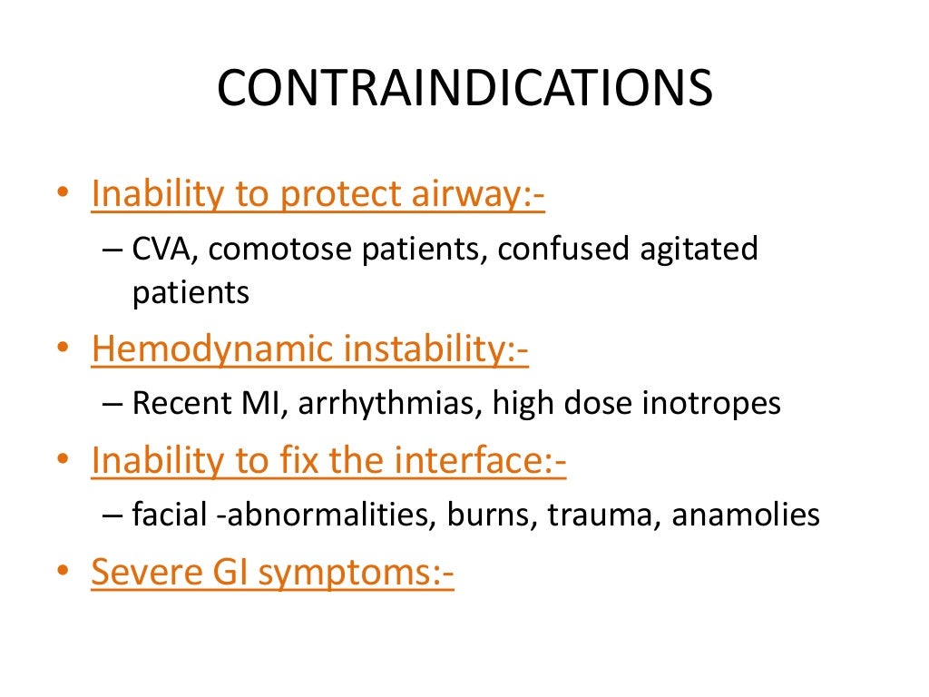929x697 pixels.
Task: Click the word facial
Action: point(173,515)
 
